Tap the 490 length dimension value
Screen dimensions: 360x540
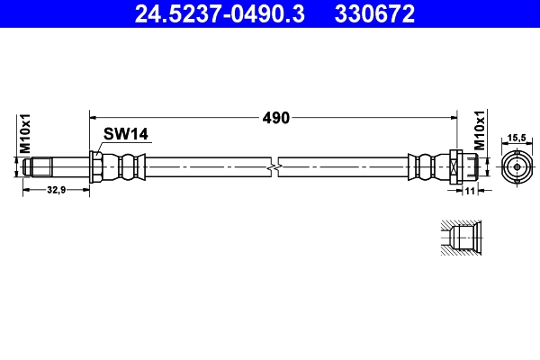point(275,116)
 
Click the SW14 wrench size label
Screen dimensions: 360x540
point(125,134)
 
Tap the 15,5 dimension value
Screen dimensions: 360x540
point(517,137)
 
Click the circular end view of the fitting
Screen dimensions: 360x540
point(517,166)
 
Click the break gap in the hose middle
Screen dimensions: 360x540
point(274,166)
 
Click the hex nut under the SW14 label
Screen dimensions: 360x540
point(96,166)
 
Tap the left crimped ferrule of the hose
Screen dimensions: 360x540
point(125,166)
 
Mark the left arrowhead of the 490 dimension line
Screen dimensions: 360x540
point(93,116)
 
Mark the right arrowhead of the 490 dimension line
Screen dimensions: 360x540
point(454,116)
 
